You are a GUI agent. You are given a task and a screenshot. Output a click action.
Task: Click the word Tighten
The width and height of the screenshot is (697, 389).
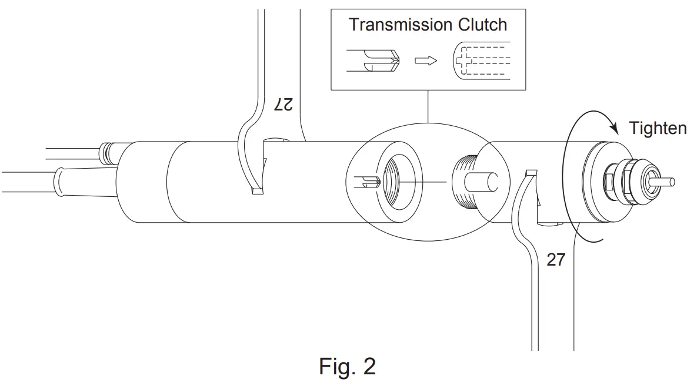coord(658,128)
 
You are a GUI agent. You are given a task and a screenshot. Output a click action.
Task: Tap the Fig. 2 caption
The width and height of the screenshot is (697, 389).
coord(348,366)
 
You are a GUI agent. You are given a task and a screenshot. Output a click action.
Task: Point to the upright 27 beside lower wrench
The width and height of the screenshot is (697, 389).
coord(555,259)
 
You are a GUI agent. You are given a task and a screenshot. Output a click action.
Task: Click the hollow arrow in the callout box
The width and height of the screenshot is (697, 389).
coord(426,61)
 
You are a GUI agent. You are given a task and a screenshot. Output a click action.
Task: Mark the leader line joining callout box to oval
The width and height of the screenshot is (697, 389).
coord(428,106)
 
